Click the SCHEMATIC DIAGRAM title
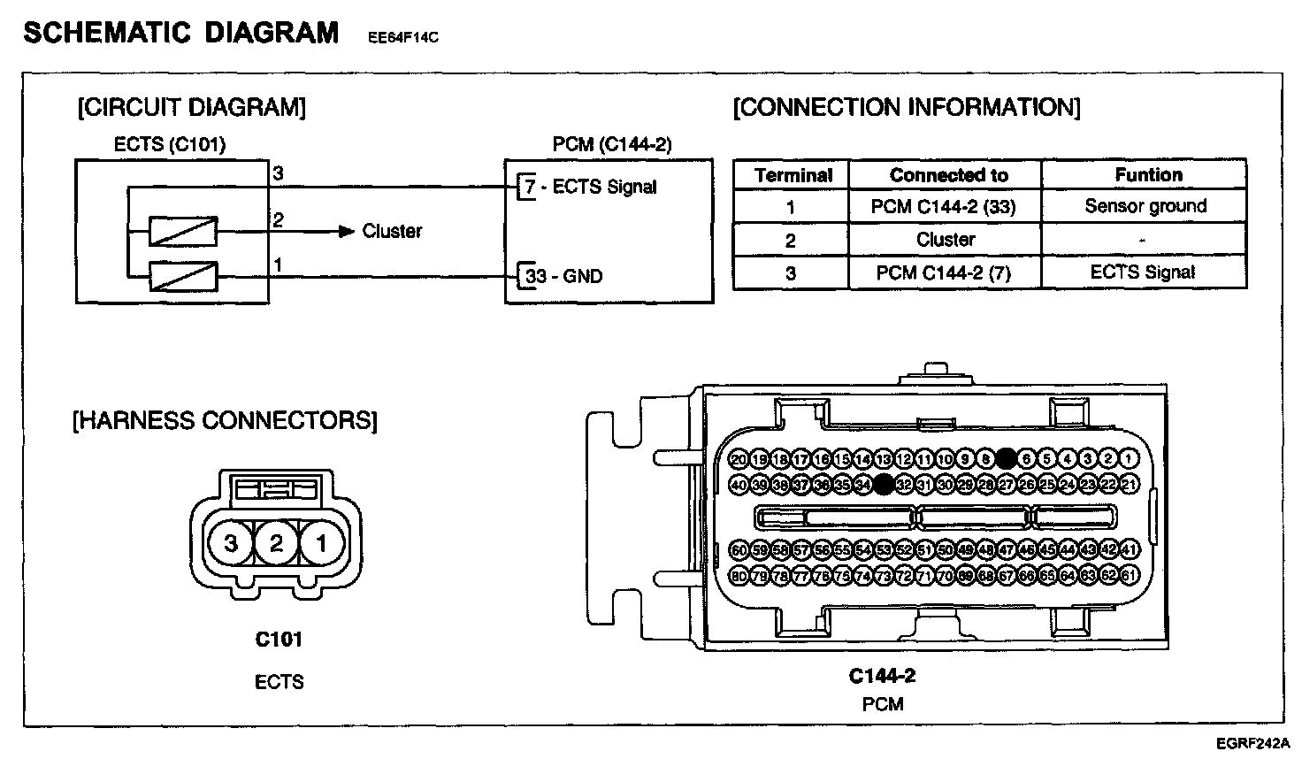pos(180,33)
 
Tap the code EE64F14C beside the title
pos(402,37)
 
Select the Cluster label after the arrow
pos(392,231)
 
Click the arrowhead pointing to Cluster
pos(347,232)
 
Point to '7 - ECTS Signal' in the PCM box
pos(591,187)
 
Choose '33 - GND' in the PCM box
pos(563,276)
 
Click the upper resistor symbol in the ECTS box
pos(182,232)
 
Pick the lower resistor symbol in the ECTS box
pos(182,277)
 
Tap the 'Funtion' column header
pos(1148,174)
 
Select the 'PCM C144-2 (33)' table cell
pos(945,207)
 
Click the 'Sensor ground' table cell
pos(1145,206)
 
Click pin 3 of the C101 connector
pos(230,542)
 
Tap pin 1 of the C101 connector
pos(321,542)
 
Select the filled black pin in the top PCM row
pos(1006,458)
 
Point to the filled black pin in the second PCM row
pos(883,484)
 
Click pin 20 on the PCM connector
pos(739,459)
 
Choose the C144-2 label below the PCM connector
pos(882,676)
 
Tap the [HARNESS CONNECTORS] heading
pos(225,420)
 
